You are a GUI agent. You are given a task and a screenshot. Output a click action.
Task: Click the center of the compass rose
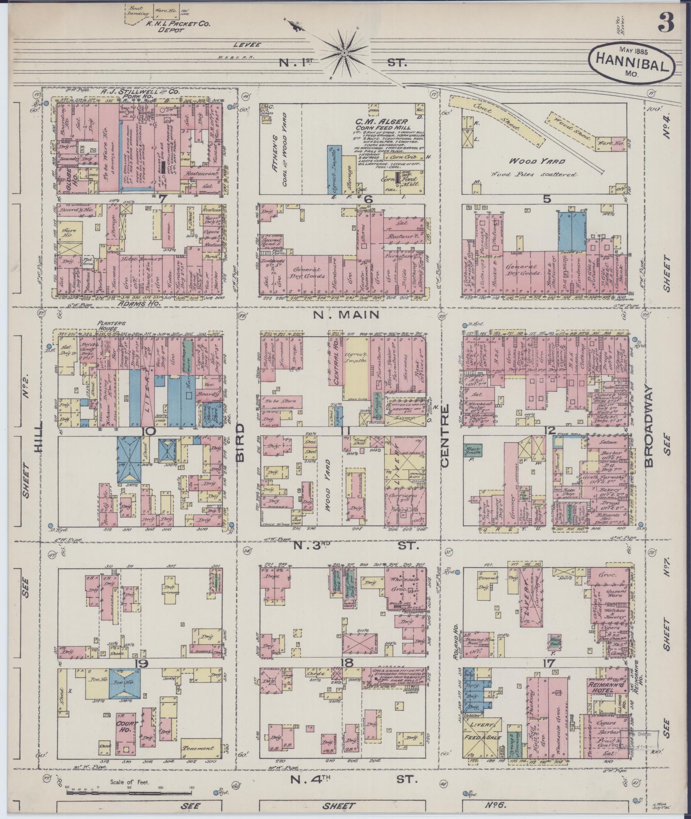tap(344, 52)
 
